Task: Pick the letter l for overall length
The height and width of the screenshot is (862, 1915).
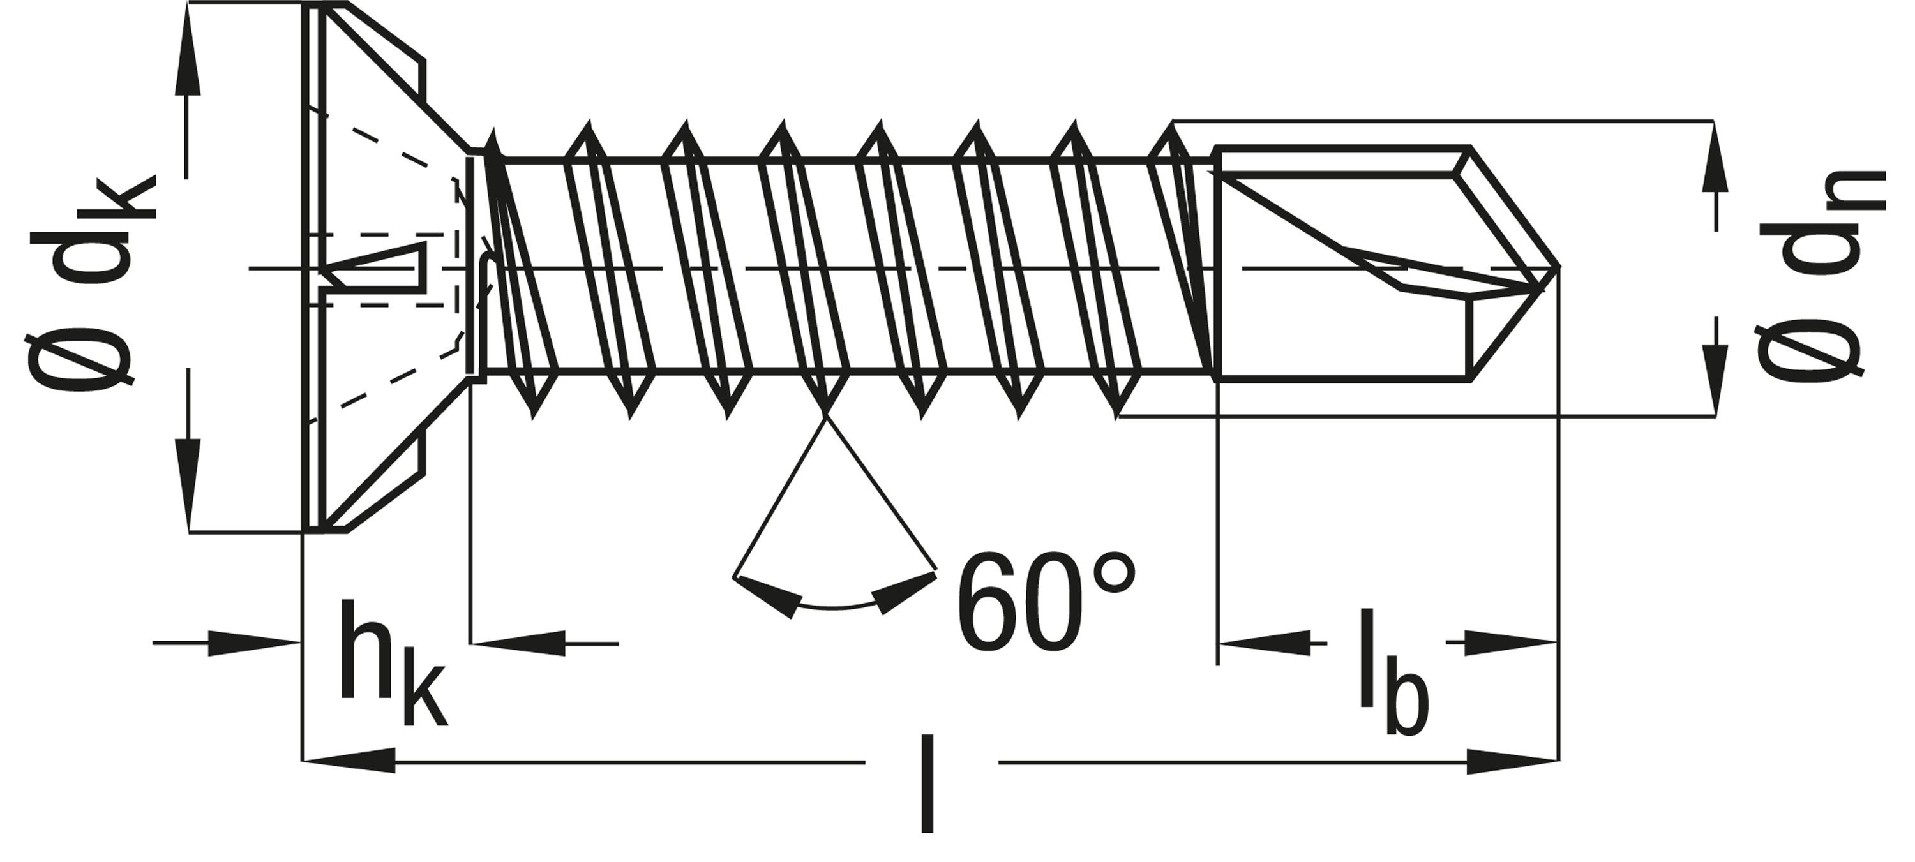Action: (926, 784)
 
